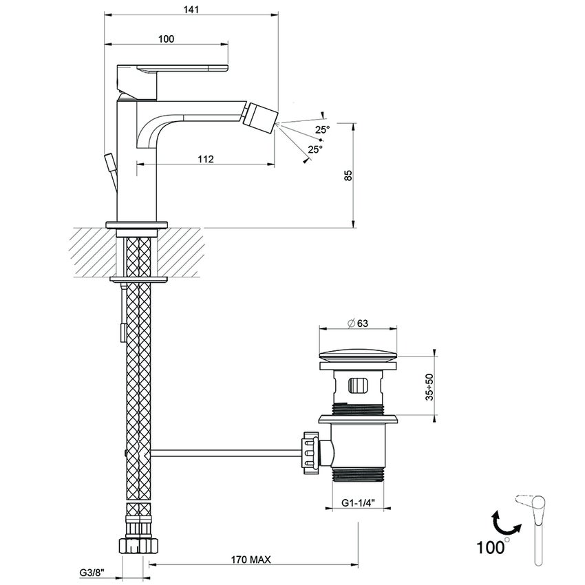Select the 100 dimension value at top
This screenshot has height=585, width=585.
(x=166, y=39)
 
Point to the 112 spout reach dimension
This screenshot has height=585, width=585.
(x=205, y=159)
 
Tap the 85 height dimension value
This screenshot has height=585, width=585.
(x=348, y=175)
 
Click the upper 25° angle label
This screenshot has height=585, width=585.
(x=323, y=129)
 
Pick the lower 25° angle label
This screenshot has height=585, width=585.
(x=315, y=149)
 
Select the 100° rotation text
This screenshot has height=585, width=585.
(x=493, y=547)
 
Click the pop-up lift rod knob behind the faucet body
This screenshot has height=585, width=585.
(x=110, y=165)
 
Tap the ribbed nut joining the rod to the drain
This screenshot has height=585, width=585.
(x=309, y=451)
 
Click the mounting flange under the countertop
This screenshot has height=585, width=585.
(x=138, y=279)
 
